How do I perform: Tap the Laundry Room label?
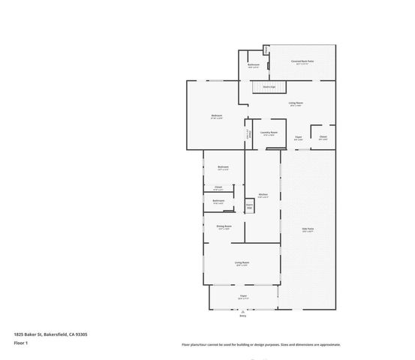269,133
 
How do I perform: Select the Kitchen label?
263,194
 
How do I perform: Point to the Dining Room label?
224,226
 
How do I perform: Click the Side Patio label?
307,229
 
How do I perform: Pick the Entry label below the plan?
242,316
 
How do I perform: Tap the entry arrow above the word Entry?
242,312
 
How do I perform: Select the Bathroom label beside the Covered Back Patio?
254,65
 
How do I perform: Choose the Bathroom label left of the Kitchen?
218,200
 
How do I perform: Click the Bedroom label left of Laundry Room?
217,115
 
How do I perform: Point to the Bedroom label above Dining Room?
223,167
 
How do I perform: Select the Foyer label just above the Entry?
243,296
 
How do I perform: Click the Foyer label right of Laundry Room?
298,137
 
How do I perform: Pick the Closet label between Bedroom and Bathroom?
218,187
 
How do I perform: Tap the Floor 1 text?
20,343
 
